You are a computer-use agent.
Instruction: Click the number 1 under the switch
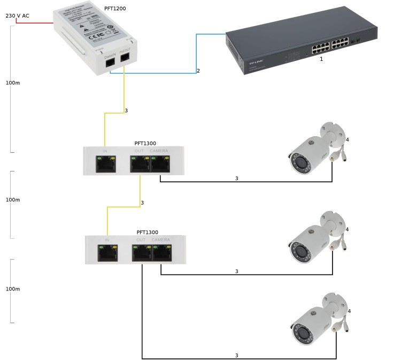(321, 59)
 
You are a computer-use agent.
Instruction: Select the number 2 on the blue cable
(198, 71)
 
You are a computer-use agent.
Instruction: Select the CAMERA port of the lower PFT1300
(161, 253)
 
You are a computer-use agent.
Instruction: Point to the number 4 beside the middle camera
(348, 229)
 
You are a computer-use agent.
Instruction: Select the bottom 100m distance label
(12, 288)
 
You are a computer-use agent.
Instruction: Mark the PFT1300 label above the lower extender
(147, 232)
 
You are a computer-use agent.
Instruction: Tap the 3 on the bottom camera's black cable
(236, 355)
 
